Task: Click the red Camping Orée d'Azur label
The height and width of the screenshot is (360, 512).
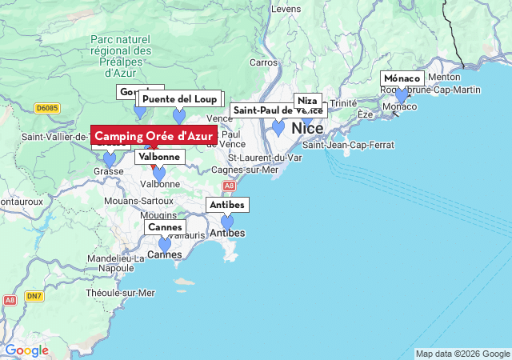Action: click(x=154, y=136)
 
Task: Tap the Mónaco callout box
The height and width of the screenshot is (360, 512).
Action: click(x=402, y=78)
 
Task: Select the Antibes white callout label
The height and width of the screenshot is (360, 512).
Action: click(x=227, y=205)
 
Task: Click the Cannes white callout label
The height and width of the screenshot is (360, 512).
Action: click(x=165, y=227)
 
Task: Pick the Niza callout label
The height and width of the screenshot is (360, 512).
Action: click(x=307, y=101)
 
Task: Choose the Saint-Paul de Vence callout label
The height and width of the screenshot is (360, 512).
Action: click(x=276, y=110)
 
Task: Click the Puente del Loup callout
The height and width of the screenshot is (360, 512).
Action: click(x=179, y=99)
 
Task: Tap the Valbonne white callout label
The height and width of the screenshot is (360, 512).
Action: click(x=159, y=157)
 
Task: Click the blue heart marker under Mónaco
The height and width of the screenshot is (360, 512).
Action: click(x=402, y=96)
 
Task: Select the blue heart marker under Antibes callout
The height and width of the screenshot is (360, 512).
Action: click(x=227, y=222)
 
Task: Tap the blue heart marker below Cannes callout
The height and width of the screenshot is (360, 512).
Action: click(x=165, y=244)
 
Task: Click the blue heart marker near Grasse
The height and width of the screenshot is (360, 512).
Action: click(x=110, y=159)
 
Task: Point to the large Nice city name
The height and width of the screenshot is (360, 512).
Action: click(x=307, y=128)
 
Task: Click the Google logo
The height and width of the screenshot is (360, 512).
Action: click(x=26, y=350)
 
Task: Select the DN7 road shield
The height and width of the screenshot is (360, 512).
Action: click(x=33, y=296)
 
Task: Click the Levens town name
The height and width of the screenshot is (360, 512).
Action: click(x=286, y=9)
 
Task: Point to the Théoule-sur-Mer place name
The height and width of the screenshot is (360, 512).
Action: click(x=120, y=294)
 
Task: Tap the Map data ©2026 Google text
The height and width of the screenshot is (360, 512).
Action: click(x=462, y=354)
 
